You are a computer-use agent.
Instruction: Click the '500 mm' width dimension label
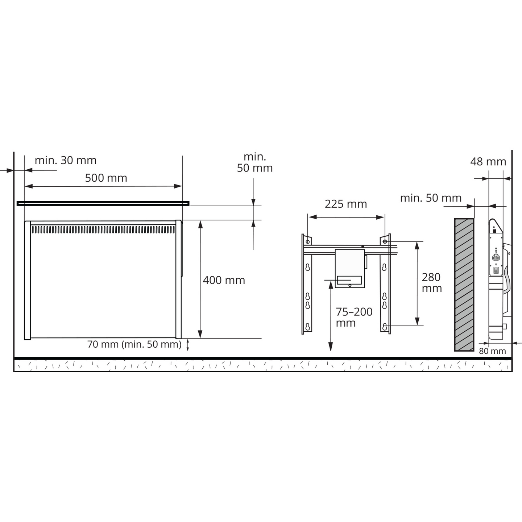point(106,178)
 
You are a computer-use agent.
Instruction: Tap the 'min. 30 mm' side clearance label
point(66,160)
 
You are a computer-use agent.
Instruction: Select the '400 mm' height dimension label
point(224,280)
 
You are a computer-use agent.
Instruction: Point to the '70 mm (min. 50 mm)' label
point(134,344)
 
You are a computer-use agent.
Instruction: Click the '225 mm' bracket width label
point(346,204)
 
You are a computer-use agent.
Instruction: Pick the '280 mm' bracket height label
point(432,282)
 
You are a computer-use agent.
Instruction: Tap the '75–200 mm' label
point(354,317)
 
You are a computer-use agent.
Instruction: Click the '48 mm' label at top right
point(488,162)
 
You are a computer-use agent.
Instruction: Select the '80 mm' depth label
point(492,351)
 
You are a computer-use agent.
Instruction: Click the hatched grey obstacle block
point(464,285)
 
